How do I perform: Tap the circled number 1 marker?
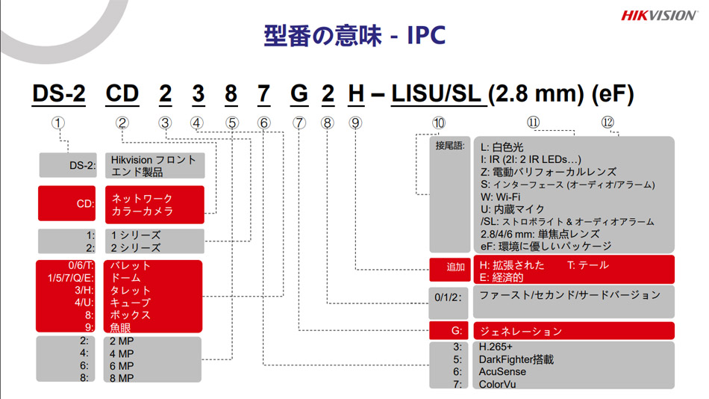(59, 123)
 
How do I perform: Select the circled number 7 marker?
(299, 123)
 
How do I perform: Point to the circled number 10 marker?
(439, 123)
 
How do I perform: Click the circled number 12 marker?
(608, 123)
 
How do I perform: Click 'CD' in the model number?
(122, 95)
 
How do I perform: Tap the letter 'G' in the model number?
(299, 95)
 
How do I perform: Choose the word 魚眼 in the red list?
(120, 327)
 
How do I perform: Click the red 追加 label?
(456, 267)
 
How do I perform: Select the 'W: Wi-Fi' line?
(501, 197)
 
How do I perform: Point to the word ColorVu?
(497, 384)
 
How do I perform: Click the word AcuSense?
(502, 371)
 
